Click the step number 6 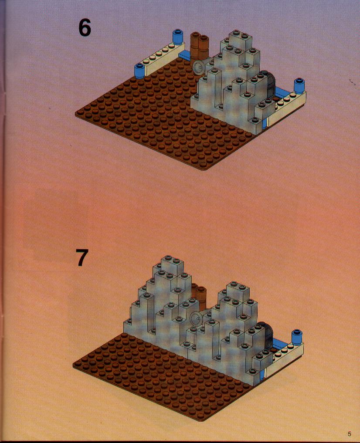(85, 28)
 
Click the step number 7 (82, 257)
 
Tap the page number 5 (350, 434)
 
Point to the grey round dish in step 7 (197, 318)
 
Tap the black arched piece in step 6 (268, 83)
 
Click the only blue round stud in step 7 (297, 336)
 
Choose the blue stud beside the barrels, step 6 (178, 37)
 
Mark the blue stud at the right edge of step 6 (299, 86)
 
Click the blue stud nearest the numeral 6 (139, 71)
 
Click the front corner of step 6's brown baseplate (204, 169)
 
